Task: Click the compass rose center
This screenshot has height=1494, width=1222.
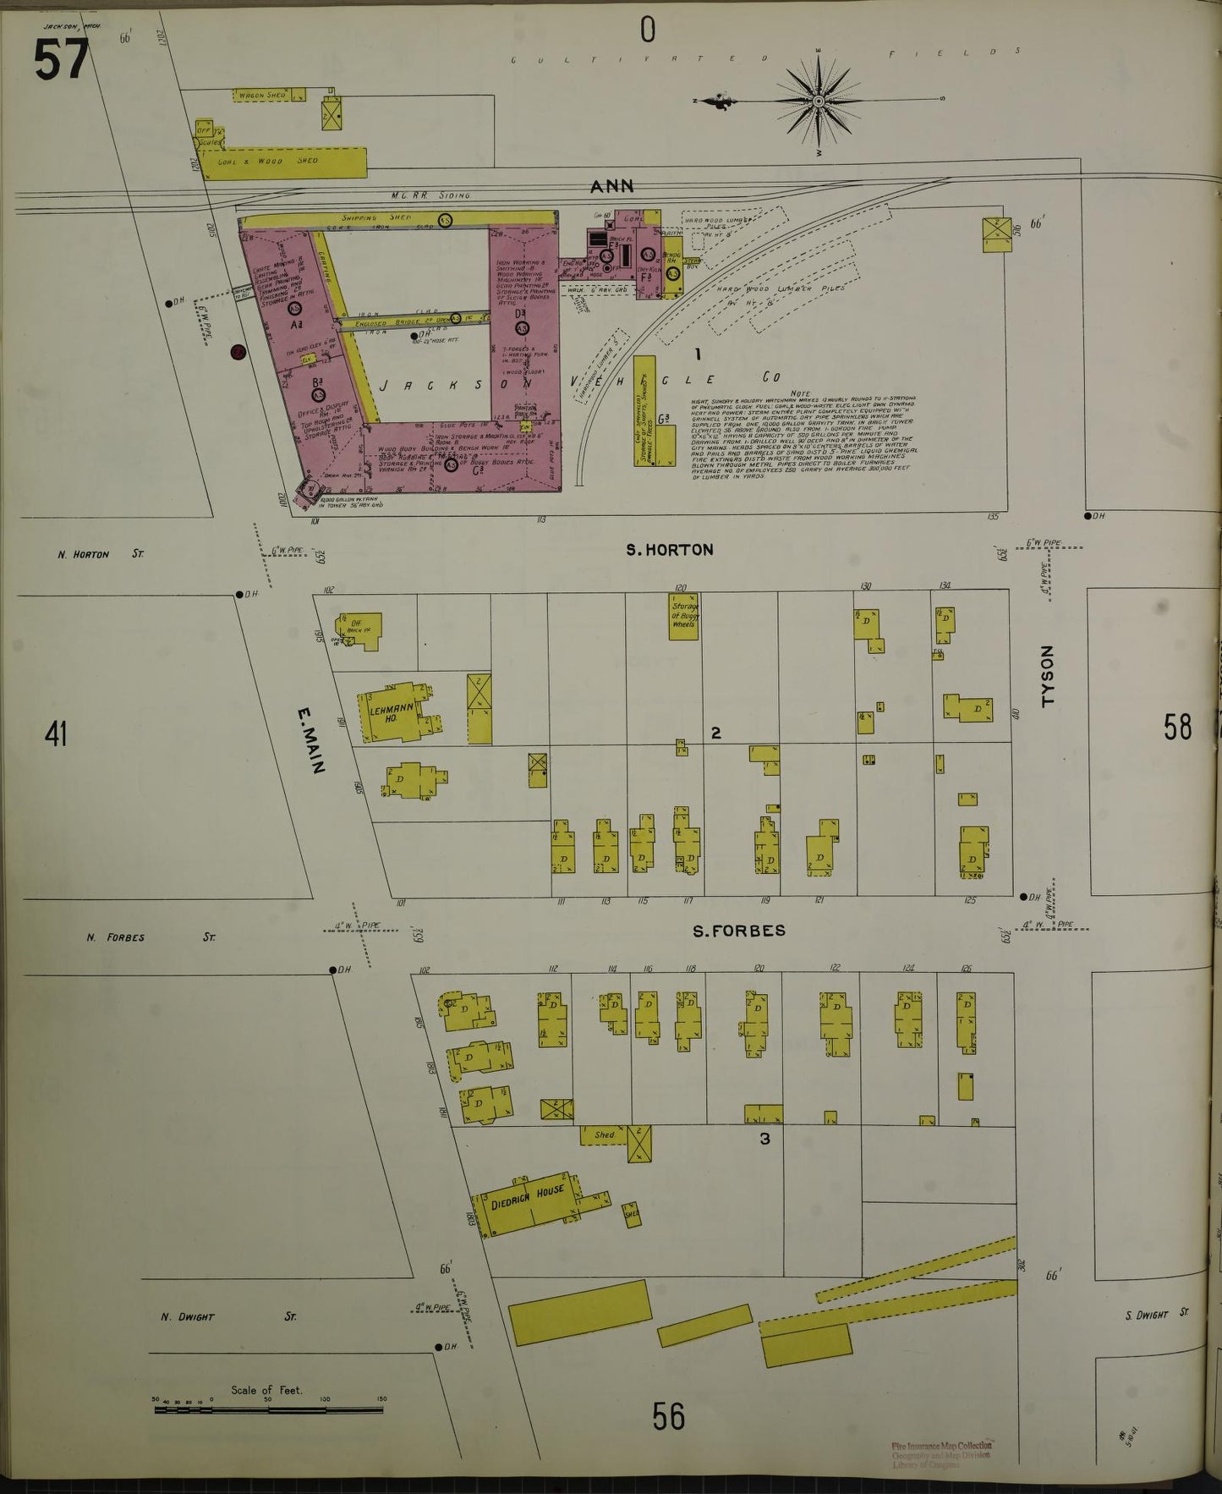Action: [x=819, y=102]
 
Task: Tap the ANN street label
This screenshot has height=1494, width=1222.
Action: [x=611, y=186]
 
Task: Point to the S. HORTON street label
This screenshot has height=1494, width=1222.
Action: [x=669, y=550]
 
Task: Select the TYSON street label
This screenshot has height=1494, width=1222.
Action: [x=1048, y=676]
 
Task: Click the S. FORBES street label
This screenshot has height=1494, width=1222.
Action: [x=738, y=931]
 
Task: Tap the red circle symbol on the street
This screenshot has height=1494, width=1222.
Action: [x=238, y=352]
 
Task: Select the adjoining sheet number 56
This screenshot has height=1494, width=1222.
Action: [x=667, y=1415]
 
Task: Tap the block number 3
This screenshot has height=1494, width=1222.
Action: [x=764, y=1139]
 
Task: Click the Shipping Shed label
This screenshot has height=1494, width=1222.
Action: [x=376, y=218]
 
